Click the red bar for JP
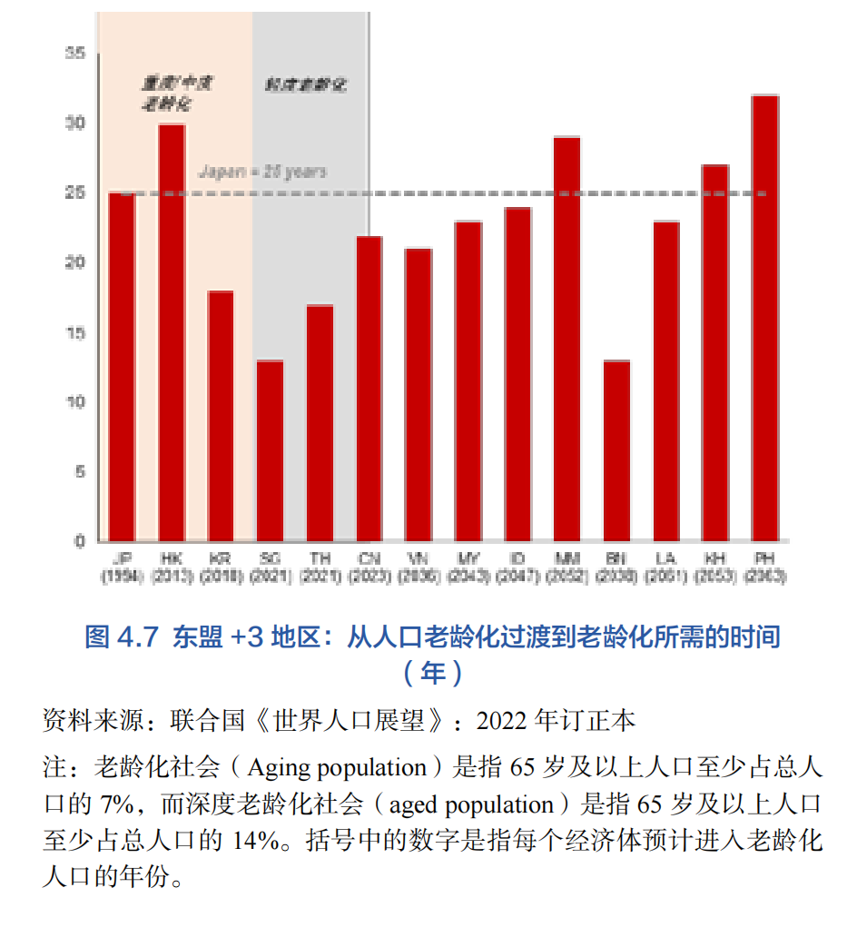pos(122,367)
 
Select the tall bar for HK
pos(172,332)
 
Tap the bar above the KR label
pos(221,416)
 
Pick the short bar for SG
pos(270,450)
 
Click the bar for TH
pos(320,423)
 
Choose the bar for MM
pos(566,339)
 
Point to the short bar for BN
pos(616,450)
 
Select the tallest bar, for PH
pos(765,318)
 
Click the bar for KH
pos(715,353)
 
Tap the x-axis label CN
pos(369,558)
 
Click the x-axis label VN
pos(419,558)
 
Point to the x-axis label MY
pos(468,558)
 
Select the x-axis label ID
pos(517,558)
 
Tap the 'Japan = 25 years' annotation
pos(262,172)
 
